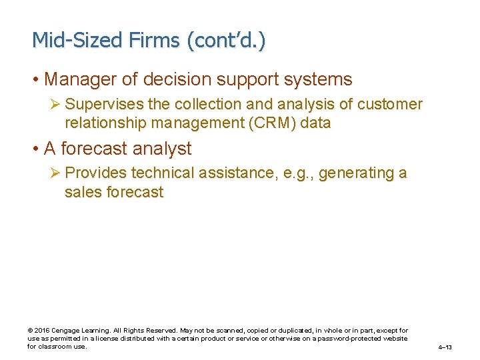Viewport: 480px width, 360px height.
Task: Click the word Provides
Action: click(x=97, y=173)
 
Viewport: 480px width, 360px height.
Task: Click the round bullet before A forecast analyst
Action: click(x=36, y=149)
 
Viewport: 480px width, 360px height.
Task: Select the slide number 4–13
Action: click(x=445, y=347)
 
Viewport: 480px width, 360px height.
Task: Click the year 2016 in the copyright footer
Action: click(x=41, y=331)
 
